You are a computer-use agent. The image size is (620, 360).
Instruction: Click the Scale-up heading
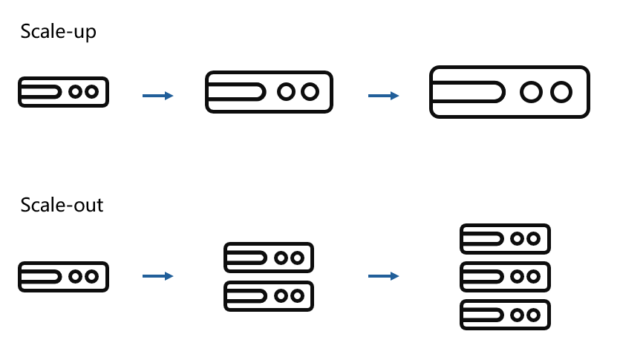[58, 33]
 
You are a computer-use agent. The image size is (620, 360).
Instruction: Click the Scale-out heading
[62, 205]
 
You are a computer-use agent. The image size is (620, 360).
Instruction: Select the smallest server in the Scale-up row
[64, 91]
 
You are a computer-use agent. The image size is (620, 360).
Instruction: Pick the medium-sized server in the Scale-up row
[269, 91]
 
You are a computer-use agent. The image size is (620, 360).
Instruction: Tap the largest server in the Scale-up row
[509, 92]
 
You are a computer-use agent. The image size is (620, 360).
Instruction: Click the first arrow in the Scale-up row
[157, 96]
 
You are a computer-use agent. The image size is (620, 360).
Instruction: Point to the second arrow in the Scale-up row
[384, 96]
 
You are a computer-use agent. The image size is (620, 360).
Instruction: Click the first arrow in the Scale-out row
[157, 276]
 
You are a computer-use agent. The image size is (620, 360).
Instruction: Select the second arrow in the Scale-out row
[384, 276]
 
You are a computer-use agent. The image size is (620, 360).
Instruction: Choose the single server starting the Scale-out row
[64, 276]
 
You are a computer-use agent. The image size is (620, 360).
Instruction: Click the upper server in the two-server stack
[269, 257]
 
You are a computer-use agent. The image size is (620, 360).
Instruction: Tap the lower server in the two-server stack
[269, 295]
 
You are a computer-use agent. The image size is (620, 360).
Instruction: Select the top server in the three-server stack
[506, 238]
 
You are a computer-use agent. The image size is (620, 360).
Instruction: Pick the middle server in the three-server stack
[506, 276]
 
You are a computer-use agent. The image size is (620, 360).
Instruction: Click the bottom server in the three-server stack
[506, 315]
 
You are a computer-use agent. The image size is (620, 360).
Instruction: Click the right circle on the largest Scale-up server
[561, 92]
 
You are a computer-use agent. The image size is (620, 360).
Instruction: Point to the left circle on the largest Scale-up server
[530, 92]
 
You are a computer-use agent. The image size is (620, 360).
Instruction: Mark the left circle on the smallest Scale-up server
[76, 91]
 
